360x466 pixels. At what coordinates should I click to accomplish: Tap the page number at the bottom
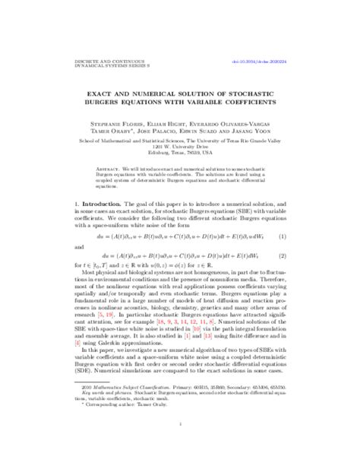[180, 445]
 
